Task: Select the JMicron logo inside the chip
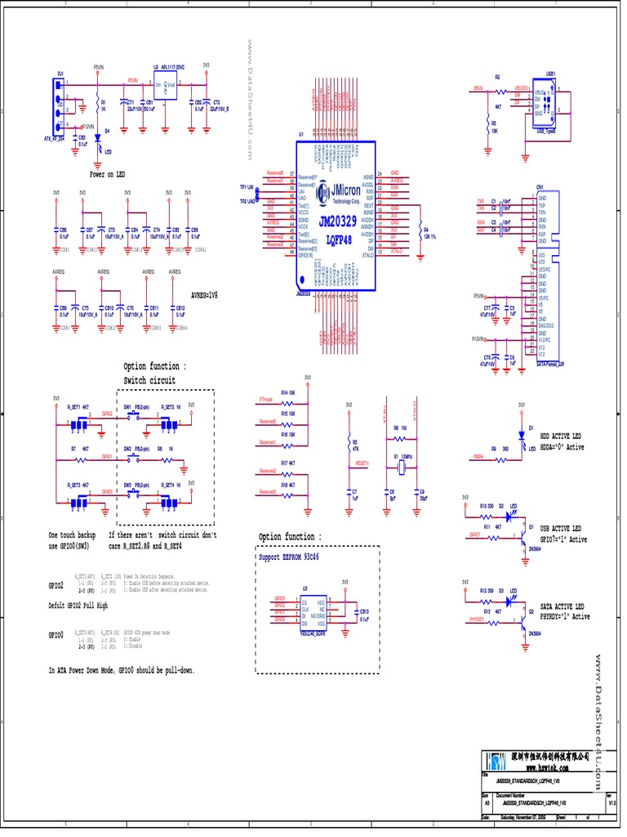pyautogui.click(x=336, y=190)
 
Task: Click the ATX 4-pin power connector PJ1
pyautogui.click(x=60, y=107)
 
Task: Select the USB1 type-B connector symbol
pyautogui.click(x=545, y=101)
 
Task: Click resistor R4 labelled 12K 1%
pyautogui.click(x=419, y=231)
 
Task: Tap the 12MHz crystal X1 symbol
pyautogui.click(x=400, y=467)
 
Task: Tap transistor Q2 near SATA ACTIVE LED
pyautogui.click(x=522, y=617)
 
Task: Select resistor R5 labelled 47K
pyautogui.click(x=349, y=445)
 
